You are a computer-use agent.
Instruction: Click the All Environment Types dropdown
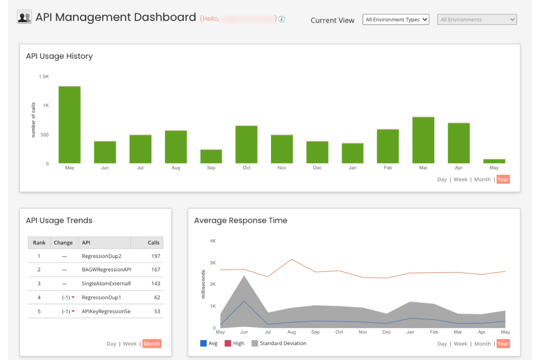click(396, 20)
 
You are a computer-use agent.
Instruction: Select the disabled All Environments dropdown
click(477, 20)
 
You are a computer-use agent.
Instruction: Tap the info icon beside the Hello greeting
click(282, 19)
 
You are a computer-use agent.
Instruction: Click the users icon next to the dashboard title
click(24, 17)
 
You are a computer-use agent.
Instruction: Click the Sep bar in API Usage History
click(211, 156)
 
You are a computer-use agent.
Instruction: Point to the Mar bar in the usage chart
click(423, 140)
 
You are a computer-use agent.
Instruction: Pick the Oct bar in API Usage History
click(246, 144)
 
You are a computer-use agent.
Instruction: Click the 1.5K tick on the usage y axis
click(44, 77)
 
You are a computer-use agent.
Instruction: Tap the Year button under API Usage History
click(503, 179)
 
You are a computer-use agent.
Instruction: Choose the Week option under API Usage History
click(460, 179)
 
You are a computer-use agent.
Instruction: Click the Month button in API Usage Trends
click(152, 344)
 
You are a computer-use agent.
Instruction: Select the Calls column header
click(153, 243)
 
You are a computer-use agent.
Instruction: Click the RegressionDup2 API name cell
click(101, 256)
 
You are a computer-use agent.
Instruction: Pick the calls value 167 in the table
click(156, 270)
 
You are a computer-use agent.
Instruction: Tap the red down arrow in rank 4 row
click(73, 298)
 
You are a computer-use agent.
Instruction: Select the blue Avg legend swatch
click(203, 343)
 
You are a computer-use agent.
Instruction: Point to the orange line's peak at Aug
click(292, 259)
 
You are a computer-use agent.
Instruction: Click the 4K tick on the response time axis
click(213, 241)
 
